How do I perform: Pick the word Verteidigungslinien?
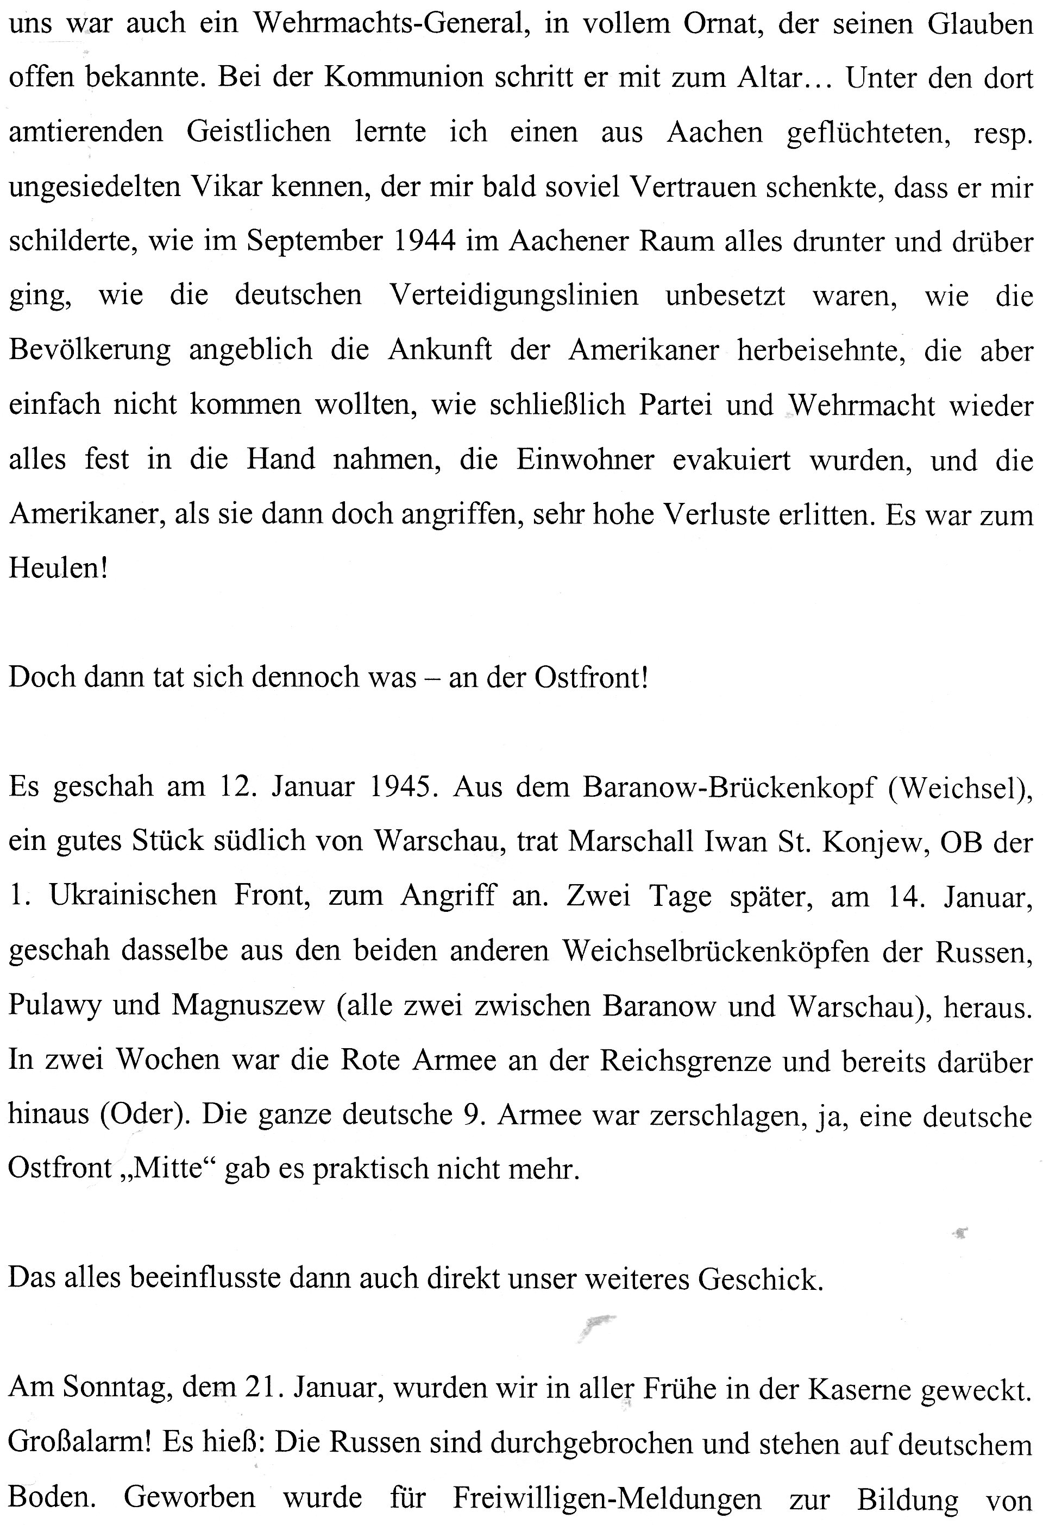point(514,296)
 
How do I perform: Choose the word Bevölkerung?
point(90,350)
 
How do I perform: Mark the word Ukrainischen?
point(133,896)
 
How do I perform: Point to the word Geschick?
point(760,1279)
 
